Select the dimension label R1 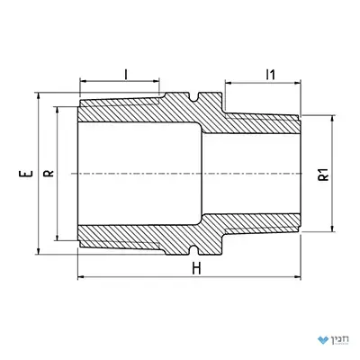324,175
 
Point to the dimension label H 196,268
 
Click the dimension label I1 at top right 271,75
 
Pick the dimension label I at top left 126,74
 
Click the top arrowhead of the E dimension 38,96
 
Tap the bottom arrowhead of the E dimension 38,250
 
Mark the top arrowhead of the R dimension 57,110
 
